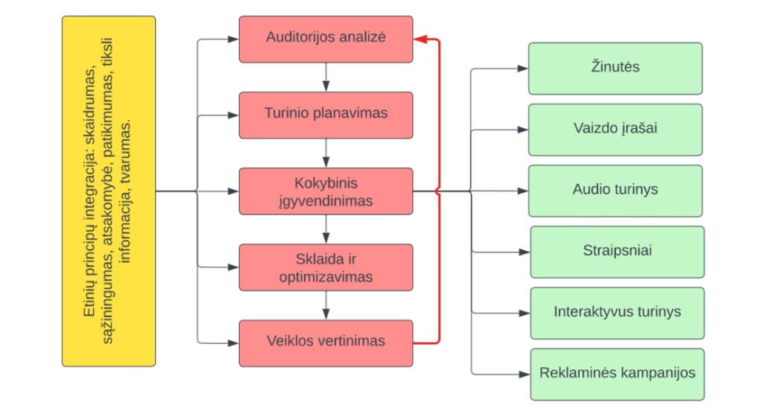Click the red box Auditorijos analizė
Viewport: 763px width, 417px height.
[x=326, y=39]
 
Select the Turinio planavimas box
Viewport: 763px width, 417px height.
[x=326, y=115]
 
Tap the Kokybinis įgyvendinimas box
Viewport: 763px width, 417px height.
[x=326, y=191]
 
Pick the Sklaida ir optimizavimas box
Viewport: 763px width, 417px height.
[x=326, y=267]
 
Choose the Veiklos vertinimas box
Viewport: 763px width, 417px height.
[x=326, y=343]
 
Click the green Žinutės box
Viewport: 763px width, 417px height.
[x=615, y=68]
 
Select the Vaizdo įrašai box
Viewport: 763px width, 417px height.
[x=615, y=129]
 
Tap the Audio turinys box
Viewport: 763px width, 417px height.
[x=615, y=190]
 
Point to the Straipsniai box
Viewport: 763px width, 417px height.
[x=617, y=251]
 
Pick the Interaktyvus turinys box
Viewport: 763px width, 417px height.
[x=617, y=312]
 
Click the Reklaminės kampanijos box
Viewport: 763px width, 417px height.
[x=617, y=373]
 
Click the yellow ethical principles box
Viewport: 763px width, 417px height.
[x=109, y=191]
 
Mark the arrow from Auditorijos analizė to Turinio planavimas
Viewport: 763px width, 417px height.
[x=326, y=77]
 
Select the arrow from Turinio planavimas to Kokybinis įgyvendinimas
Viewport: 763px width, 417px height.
[x=326, y=153]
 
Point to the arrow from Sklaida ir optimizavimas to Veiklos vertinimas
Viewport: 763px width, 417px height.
[x=326, y=305]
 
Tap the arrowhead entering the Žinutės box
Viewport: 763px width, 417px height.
[x=522, y=69]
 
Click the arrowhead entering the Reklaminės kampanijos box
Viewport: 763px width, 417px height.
[x=525, y=373]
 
